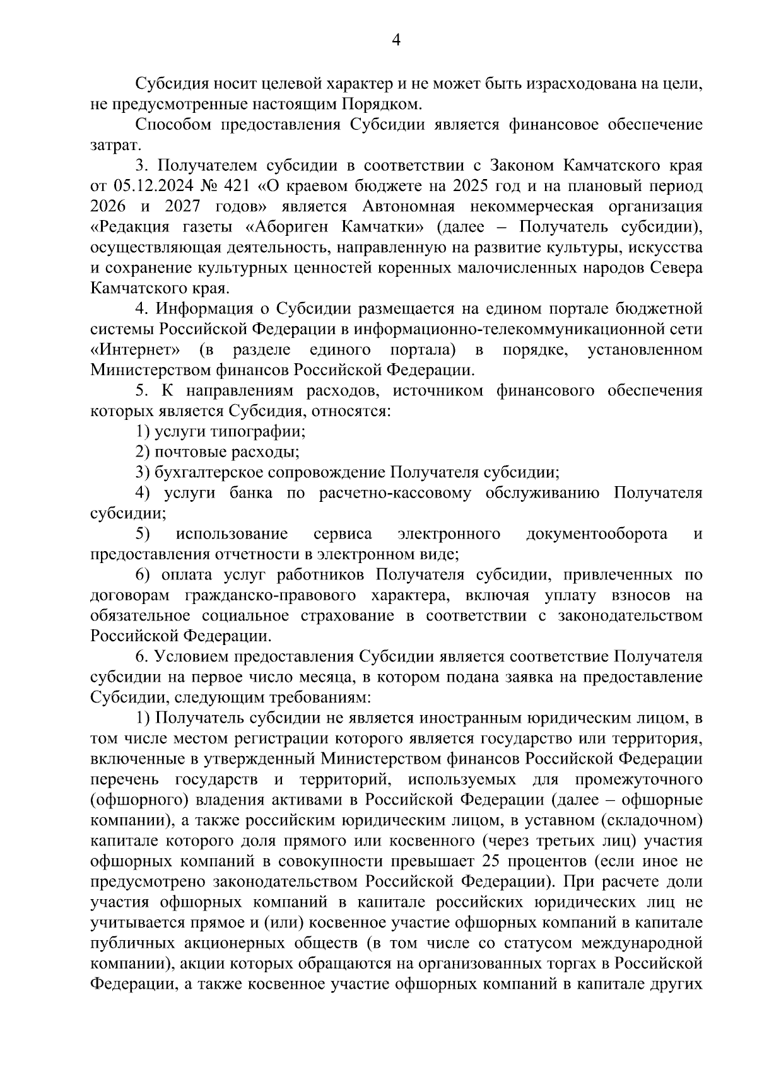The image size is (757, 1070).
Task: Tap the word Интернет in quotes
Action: tap(138, 350)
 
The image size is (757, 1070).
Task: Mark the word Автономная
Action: tap(409, 207)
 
